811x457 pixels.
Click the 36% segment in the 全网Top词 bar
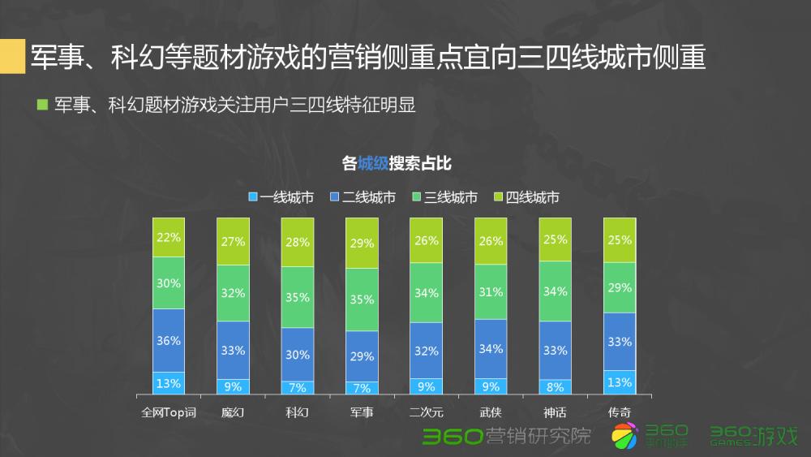(x=169, y=340)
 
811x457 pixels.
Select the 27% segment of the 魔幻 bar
(x=233, y=242)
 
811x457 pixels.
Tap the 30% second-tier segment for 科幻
(x=298, y=354)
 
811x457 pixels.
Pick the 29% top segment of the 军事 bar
(x=362, y=243)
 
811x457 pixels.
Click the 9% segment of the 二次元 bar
(x=426, y=386)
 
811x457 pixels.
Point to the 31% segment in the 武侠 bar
(x=491, y=291)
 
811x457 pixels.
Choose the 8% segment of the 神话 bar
(x=555, y=387)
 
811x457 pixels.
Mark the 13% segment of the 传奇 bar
(x=620, y=382)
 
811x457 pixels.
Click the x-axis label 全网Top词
(x=169, y=412)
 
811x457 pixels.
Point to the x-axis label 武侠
(x=491, y=412)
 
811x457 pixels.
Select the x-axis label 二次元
(x=426, y=412)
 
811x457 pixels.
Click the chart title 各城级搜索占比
(x=397, y=163)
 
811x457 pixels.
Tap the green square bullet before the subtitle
(x=43, y=105)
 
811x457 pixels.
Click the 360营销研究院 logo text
(x=506, y=436)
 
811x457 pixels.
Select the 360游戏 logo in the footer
(x=753, y=436)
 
